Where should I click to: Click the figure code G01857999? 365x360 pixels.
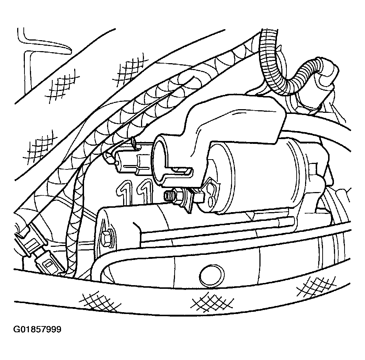38,330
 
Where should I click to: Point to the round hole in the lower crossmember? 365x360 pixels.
212,276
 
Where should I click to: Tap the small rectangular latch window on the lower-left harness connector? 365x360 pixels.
49,264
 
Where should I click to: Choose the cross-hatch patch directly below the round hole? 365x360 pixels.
212,302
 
